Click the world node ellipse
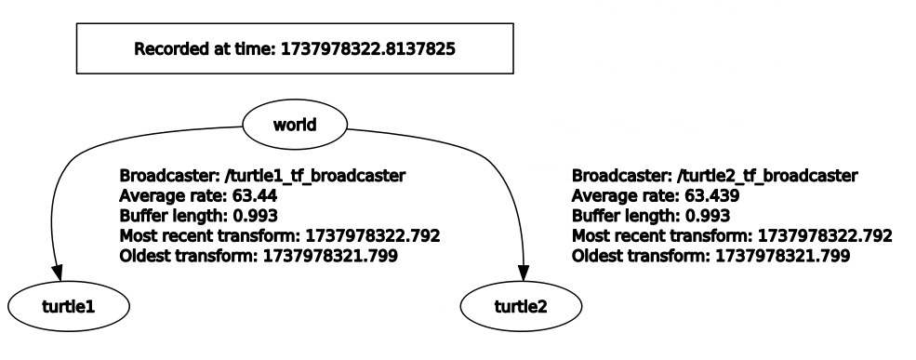pos(294,123)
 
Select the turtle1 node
pos(70,303)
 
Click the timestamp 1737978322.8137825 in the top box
pos(368,49)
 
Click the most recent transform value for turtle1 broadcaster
pos(361,235)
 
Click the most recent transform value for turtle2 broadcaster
pos(813,235)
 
